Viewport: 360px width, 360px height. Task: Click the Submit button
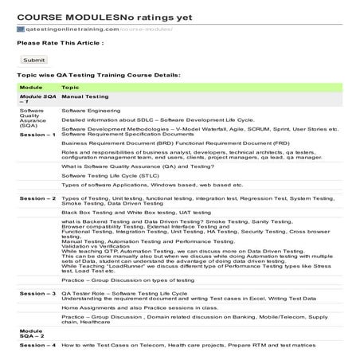pyautogui.click(x=34, y=59)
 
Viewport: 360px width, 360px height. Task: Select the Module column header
pyautogui.click(x=31, y=86)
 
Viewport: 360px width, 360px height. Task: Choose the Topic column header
pyautogui.click(x=70, y=86)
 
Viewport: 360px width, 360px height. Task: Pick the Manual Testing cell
pyautogui.click(x=84, y=95)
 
